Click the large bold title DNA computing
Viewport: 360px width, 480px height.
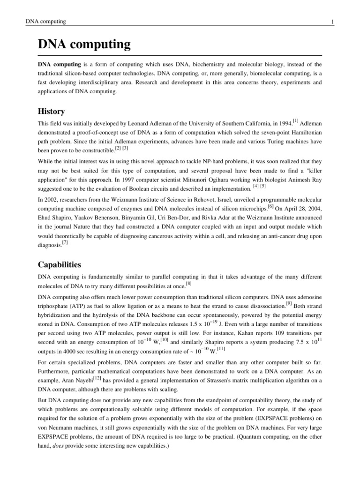point(84,45)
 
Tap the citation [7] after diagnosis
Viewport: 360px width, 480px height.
point(65,243)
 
